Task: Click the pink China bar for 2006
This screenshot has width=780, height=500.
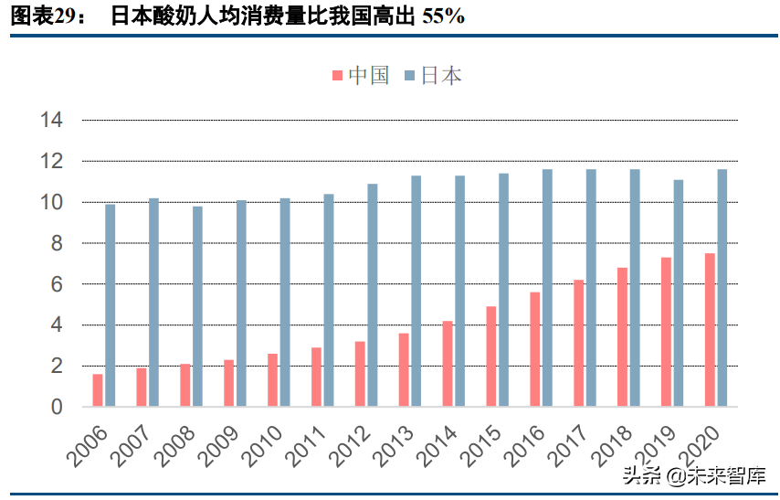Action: [98, 390]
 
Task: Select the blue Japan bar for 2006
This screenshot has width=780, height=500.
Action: [111, 305]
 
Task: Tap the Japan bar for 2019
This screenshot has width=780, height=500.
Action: [679, 293]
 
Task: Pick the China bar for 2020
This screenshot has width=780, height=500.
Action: [710, 330]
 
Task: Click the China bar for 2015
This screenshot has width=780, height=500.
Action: [491, 356]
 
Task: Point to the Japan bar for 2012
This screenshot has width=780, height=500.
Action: [373, 295]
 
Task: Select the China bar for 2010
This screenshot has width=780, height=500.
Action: [272, 380]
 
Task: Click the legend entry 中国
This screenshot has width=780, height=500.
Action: [360, 76]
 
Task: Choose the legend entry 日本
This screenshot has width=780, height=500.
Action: [432, 76]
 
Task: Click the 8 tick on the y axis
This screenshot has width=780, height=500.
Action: [56, 243]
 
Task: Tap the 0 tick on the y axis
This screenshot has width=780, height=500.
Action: [56, 407]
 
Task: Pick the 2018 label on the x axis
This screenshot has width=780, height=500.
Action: [610, 443]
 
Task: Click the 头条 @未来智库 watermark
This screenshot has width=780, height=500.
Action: [694, 475]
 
